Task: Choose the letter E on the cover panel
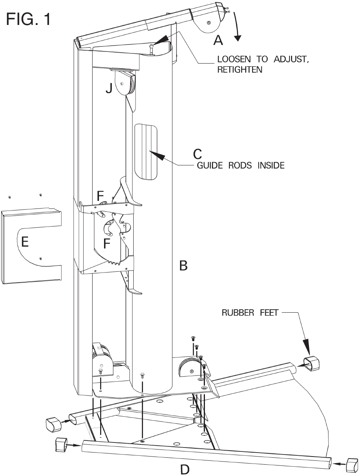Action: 25,242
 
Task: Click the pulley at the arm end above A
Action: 208,23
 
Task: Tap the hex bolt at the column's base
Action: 143,377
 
